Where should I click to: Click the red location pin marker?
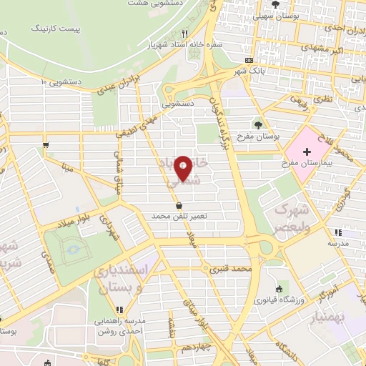pyautogui.click(x=185, y=167)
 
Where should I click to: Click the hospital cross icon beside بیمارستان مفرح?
pyautogui.click(x=307, y=152)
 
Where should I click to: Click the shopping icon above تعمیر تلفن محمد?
pyautogui.click(x=177, y=206)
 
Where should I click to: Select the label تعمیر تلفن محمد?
pyautogui.click(x=179, y=216)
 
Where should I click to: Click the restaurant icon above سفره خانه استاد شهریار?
pyautogui.click(x=184, y=34)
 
